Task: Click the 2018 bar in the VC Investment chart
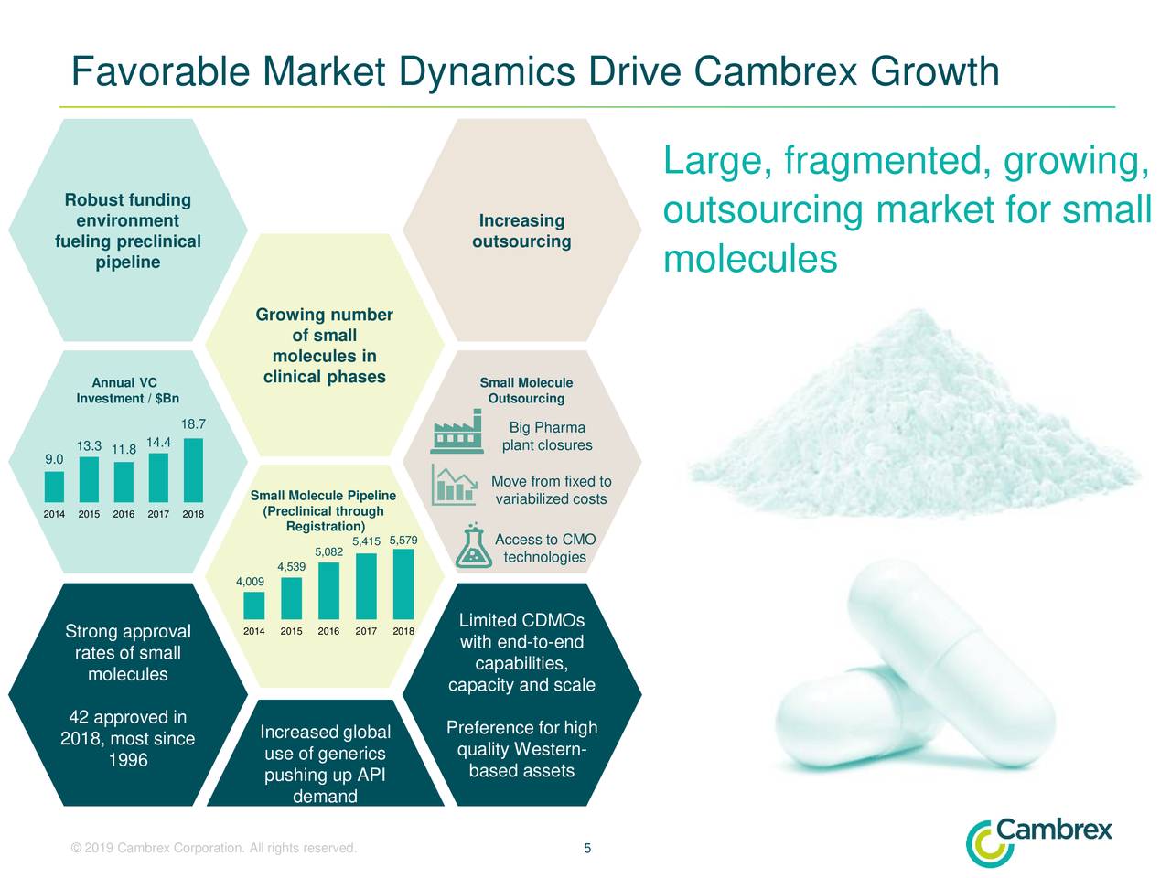click(193, 470)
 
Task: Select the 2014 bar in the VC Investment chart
click(54, 487)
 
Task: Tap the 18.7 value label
click(193, 424)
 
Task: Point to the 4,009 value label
click(250, 582)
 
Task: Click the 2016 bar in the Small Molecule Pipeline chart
click(328, 590)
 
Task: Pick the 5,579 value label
click(403, 540)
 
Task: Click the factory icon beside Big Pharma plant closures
click(457, 434)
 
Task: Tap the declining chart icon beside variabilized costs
click(455, 486)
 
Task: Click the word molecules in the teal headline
click(750, 260)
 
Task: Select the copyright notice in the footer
click(213, 848)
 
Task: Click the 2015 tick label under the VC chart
click(89, 514)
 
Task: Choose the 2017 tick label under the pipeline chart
click(366, 631)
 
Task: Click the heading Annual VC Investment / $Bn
click(127, 391)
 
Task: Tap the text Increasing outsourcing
click(521, 231)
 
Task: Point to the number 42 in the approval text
click(78, 717)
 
